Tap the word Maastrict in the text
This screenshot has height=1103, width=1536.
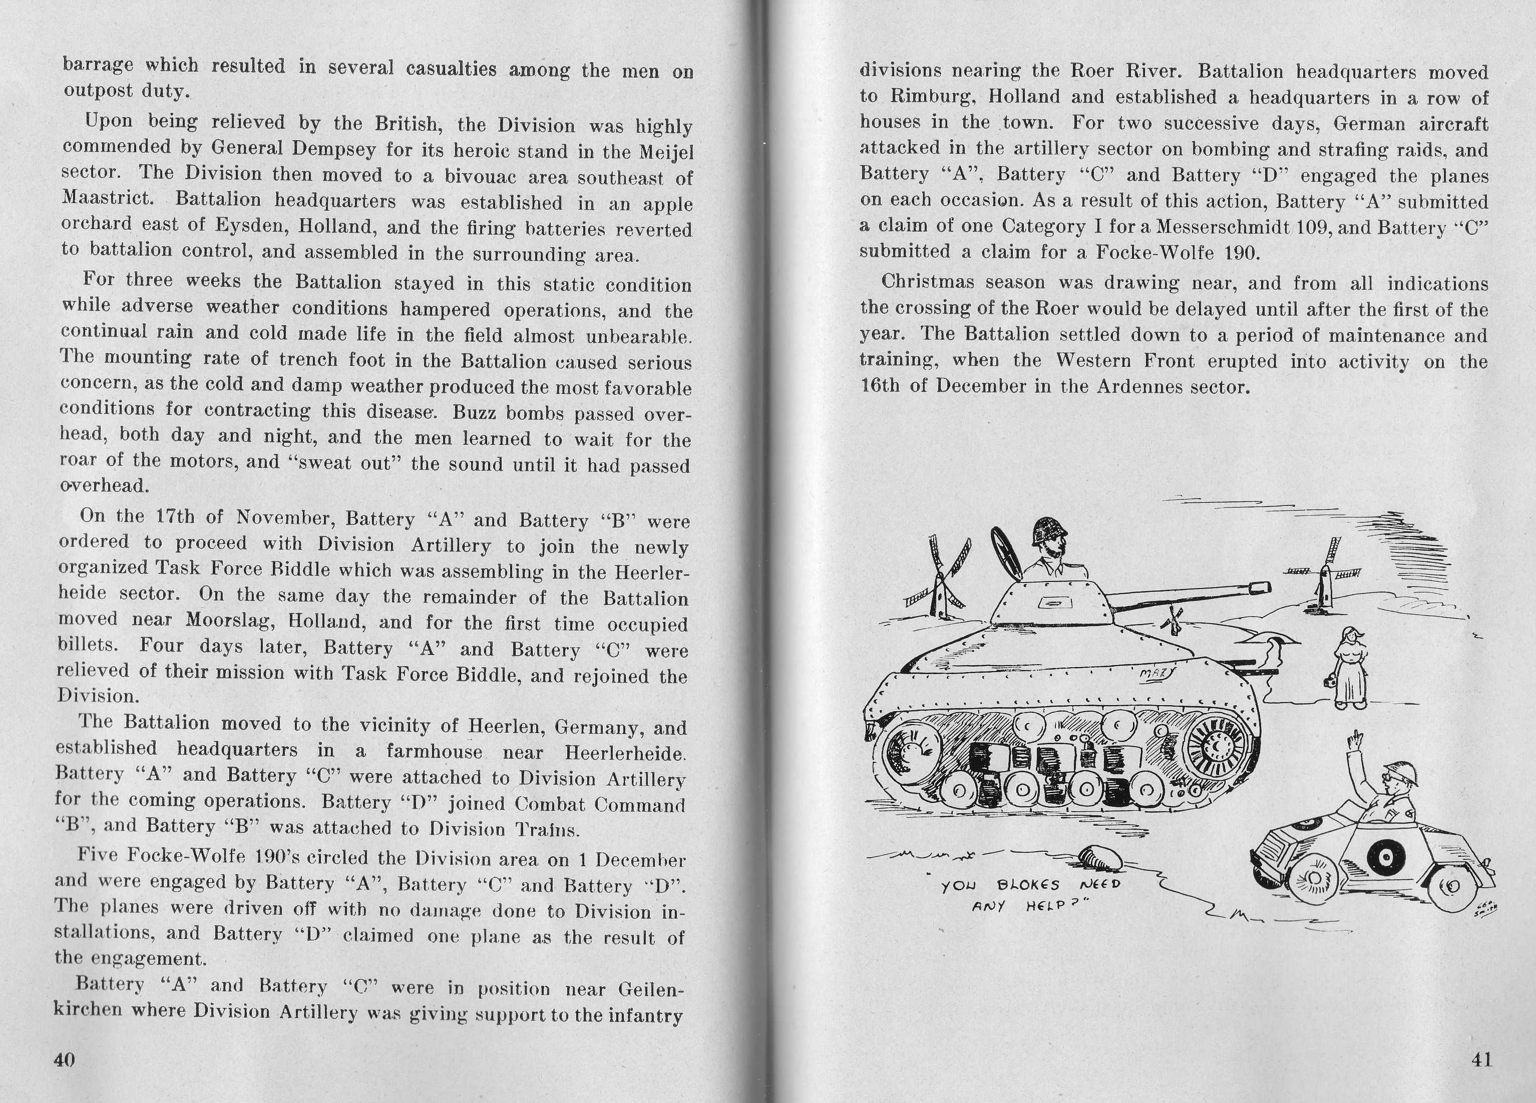(x=108, y=198)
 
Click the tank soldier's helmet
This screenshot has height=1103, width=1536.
(x=1048, y=531)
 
